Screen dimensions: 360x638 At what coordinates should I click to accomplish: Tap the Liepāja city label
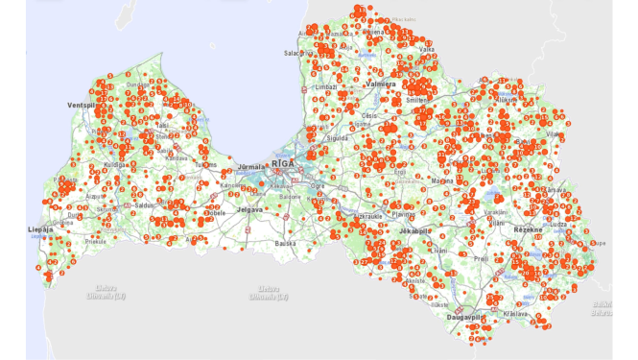(41, 230)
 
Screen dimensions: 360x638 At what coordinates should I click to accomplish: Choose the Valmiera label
(383, 85)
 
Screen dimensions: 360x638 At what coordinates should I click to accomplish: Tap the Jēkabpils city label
(414, 231)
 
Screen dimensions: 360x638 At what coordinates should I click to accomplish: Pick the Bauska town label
(284, 243)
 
